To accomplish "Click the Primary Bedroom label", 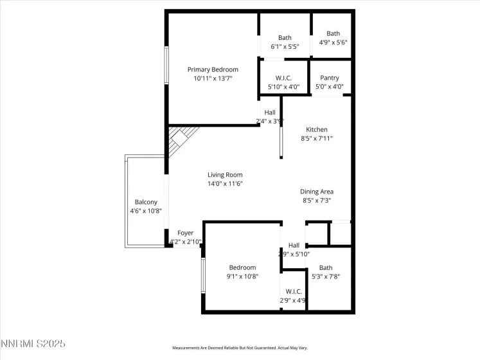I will tap(213, 69).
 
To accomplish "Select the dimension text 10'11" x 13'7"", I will tap(213, 78).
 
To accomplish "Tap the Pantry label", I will tap(330, 78).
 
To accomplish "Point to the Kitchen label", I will tap(317, 129).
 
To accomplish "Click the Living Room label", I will tap(224, 174).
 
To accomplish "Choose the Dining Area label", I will tap(317, 191).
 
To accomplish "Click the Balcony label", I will tap(146, 202).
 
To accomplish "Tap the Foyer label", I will tap(186, 233).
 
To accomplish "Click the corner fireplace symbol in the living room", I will tap(180, 140).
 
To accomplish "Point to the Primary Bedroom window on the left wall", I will tap(166, 65).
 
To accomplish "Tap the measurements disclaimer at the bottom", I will tap(239, 348).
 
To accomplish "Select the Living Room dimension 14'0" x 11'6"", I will tap(224, 183).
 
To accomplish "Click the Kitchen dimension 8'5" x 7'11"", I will tap(317, 138).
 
